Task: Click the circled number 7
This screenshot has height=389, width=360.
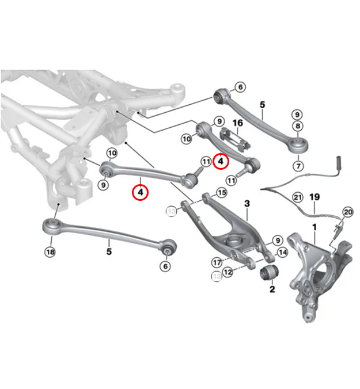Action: click(298, 166)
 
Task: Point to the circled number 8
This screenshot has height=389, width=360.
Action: click(297, 126)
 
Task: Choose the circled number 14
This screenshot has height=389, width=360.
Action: click(282, 252)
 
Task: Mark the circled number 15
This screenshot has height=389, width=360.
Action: click(221, 192)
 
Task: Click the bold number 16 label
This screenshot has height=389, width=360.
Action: click(237, 123)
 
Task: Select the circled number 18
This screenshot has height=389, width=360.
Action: click(51, 251)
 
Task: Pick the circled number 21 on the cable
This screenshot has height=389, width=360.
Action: click(297, 197)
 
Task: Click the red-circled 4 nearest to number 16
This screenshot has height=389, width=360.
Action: click(221, 162)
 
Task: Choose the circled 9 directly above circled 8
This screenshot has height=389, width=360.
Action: click(297, 114)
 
